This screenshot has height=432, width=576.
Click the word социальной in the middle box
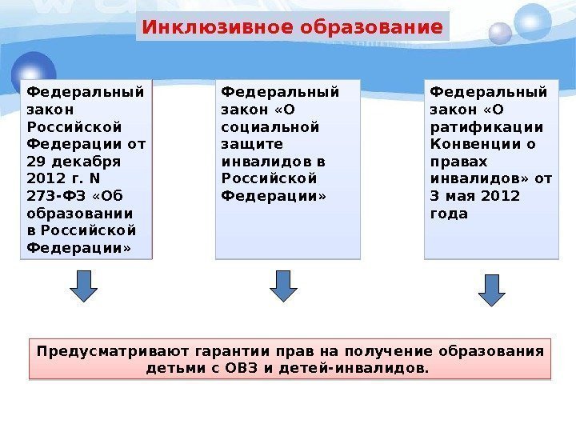tap(269, 126)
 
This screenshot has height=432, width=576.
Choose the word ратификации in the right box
tap(486, 126)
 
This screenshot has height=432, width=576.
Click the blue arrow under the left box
tap(82, 286)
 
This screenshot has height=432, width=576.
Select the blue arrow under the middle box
tap(282, 286)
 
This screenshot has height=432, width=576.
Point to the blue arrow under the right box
tap(492, 290)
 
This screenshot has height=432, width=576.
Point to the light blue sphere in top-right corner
tap(532, 22)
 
